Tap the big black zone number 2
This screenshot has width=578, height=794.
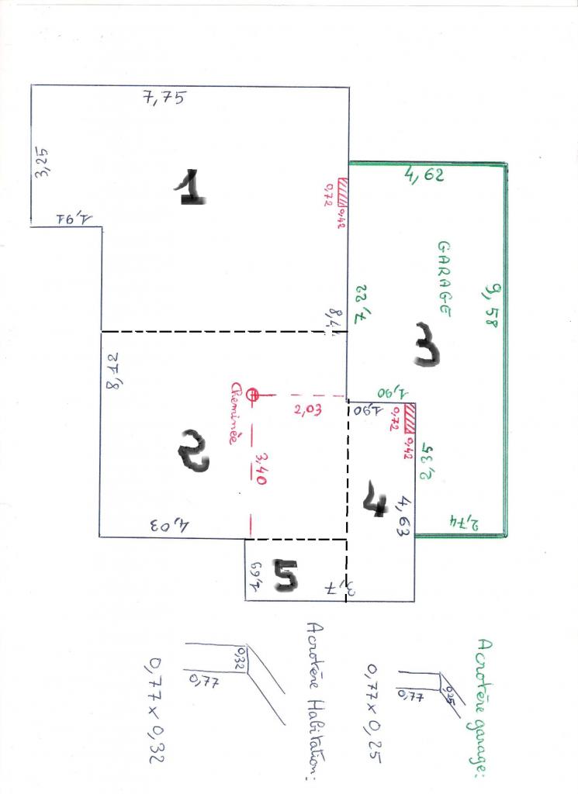point(193,452)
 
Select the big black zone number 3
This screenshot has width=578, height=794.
point(426,345)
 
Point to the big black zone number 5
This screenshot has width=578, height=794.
point(285,578)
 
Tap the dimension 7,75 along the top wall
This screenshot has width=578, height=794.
point(165,98)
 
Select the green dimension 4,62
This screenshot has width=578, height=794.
point(424,175)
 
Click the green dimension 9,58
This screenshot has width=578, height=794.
point(490,306)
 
